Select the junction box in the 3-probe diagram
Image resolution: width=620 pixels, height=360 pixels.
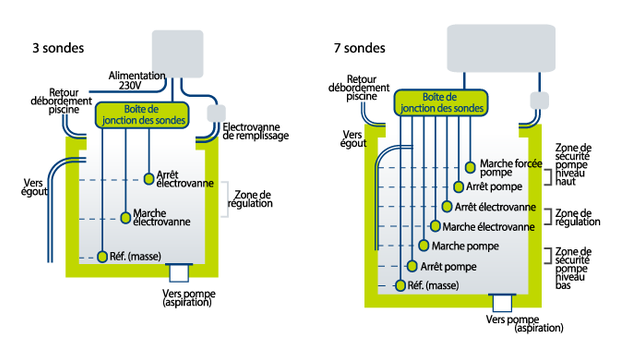click(141, 114)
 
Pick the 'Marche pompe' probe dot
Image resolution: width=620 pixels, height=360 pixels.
click(423, 246)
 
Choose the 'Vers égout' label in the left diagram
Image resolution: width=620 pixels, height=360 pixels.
click(34, 188)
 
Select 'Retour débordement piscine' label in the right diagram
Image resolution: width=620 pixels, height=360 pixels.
click(371, 89)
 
